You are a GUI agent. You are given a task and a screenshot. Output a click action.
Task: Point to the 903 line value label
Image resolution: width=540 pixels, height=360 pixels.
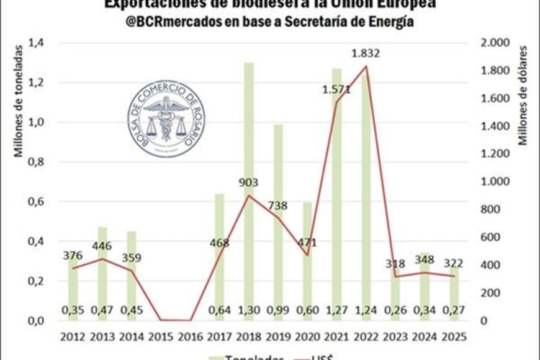[248, 183]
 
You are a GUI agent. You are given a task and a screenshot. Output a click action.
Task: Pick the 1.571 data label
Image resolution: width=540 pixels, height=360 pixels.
[336, 89]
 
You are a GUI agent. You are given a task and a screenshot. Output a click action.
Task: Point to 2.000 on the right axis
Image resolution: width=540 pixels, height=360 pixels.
[495, 43]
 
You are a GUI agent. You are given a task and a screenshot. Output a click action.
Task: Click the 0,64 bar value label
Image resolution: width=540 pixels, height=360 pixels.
[219, 308]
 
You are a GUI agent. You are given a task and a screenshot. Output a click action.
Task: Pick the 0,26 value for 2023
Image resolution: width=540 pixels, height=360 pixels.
[395, 308]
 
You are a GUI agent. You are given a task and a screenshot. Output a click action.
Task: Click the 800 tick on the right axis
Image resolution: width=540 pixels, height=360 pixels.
[490, 209]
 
